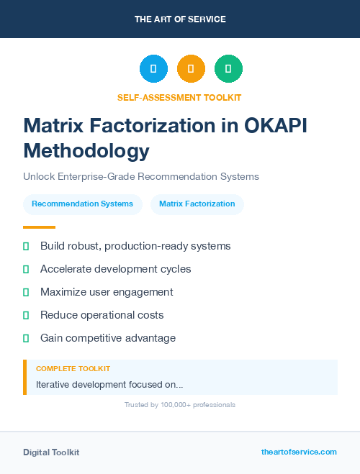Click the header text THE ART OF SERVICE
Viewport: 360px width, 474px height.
(x=180, y=19)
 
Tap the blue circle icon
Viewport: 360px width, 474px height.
(x=153, y=68)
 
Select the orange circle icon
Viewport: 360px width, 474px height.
(x=191, y=68)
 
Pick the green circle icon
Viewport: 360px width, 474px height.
(x=228, y=68)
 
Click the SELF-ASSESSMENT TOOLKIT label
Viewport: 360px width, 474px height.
(x=179, y=97)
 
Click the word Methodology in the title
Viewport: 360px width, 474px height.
(x=86, y=150)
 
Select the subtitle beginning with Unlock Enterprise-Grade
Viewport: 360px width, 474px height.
(x=140, y=176)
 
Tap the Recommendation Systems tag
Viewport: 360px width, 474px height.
(x=82, y=204)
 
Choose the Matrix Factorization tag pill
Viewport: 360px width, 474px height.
(x=197, y=204)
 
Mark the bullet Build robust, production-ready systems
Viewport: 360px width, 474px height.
(x=135, y=246)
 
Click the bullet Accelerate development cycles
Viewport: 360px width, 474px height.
(x=115, y=269)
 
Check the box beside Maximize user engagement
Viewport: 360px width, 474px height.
(x=26, y=292)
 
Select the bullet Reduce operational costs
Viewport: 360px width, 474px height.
(x=102, y=315)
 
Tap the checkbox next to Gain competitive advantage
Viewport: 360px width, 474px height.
(x=26, y=338)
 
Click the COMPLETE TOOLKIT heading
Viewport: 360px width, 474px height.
(x=73, y=368)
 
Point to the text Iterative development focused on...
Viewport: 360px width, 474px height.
(x=109, y=384)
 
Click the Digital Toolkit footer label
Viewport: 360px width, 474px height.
(x=51, y=452)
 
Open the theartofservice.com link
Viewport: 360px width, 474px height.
(x=299, y=452)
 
